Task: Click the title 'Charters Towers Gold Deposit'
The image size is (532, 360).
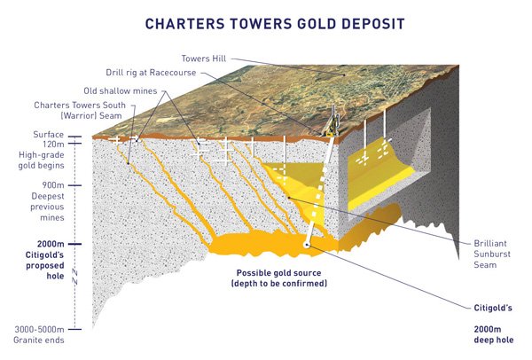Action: [275, 24]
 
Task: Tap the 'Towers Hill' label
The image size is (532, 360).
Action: [204, 59]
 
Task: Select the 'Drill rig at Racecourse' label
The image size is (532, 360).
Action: [151, 73]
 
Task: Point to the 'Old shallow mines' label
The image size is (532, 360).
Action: [121, 91]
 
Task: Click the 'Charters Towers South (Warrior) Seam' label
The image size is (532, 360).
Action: [80, 110]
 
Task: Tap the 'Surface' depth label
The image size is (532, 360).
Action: [49, 135]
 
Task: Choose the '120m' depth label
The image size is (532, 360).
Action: [53, 144]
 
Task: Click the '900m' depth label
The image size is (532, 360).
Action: [53, 185]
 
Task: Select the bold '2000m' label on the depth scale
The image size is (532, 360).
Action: [51, 244]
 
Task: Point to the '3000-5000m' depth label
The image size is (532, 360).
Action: [39, 329]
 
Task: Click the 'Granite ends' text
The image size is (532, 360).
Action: [39, 340]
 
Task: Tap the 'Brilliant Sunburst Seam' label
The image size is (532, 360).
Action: [492, 254]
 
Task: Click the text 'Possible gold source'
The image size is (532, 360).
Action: [279, 273]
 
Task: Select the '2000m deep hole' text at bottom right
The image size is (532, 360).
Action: [494, 334]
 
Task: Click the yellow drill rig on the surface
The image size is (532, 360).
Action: [331, 123]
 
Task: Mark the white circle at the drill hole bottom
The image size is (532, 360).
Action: [307, 245]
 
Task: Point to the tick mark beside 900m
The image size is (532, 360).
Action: [74, 185]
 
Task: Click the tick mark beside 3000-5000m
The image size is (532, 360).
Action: [74, 329]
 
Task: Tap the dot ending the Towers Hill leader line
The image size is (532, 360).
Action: [344, 74]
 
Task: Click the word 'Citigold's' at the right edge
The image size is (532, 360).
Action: [493, 308]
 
